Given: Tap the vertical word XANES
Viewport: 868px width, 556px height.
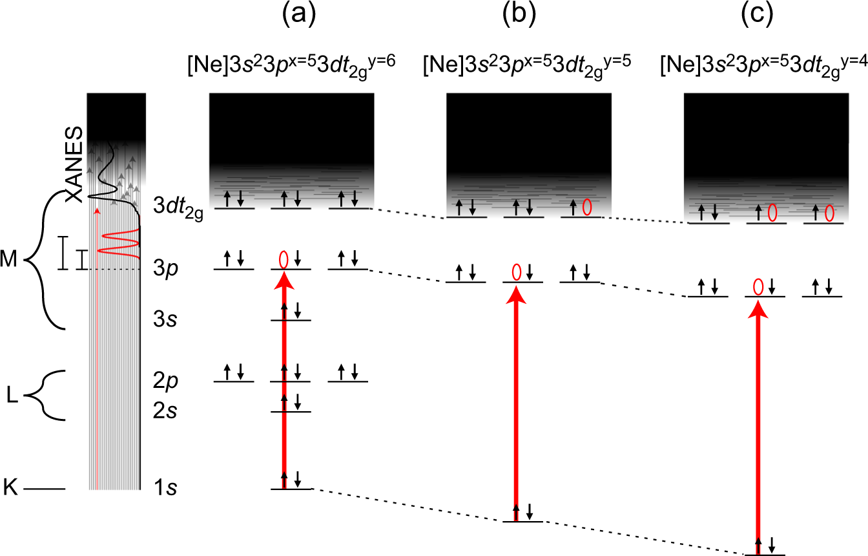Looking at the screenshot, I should click(75, 164).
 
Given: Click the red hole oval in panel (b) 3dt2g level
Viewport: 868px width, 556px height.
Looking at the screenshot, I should click(587, 207).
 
